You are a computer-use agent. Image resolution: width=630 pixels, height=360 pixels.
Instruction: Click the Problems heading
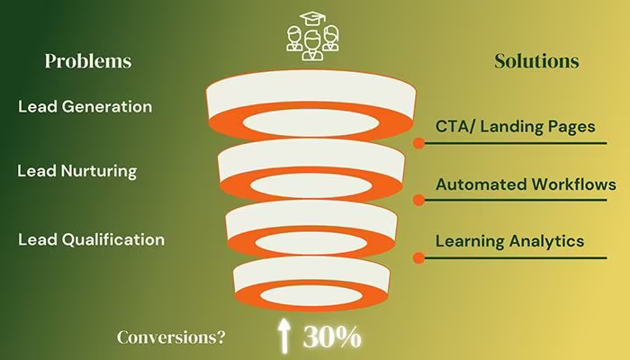click(88, 61)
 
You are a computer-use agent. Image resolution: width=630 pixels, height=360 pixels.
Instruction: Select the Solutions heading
click(536, 61)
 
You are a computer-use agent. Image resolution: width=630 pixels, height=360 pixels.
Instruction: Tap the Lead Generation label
click(85, 106)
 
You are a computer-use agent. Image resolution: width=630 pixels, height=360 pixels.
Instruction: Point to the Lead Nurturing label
click(76, 171)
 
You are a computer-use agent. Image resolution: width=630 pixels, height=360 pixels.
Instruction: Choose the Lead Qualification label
click(91, 239)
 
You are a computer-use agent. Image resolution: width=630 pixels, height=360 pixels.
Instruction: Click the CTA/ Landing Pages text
click(515, 127)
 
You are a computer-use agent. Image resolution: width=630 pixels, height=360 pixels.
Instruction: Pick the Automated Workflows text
click(526, 184)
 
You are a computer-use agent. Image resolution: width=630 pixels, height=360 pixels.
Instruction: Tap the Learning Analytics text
click(510, 241)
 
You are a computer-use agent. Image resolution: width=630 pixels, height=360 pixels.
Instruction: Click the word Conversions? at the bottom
click(171, 337)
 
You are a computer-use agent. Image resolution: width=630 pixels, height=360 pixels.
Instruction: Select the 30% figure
click(332, 337)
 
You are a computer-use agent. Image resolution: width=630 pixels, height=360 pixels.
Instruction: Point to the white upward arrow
click(284, 336)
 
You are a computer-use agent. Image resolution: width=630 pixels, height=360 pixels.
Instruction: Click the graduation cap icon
click(313, 18)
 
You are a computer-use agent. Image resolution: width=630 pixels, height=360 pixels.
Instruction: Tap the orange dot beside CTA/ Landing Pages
click(418, 143)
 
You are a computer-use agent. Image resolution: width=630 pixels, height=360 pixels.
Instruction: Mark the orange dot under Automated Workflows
click(418, 200)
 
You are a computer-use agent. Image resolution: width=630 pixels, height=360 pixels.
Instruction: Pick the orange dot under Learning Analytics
click(418, 257)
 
